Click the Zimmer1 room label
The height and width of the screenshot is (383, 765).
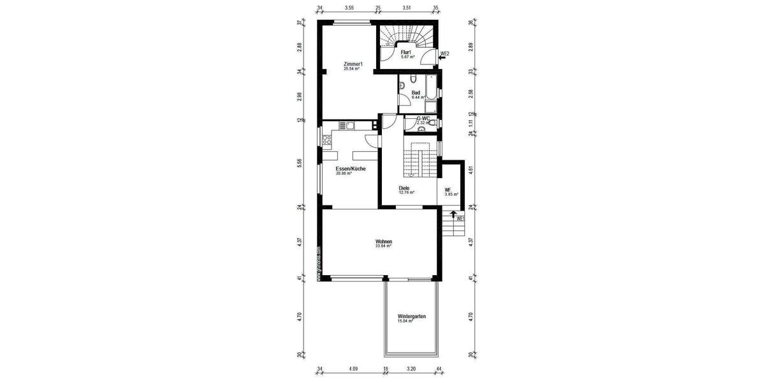(353, 64)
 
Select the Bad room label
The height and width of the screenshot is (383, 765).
(415, 93)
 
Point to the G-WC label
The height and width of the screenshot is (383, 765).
(422, 118)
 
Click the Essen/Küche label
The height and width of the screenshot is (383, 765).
(351, 169)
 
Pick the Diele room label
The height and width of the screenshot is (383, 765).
(404, 188)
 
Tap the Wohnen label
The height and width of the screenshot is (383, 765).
(383, 242)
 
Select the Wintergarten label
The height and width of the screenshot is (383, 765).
(411, 317)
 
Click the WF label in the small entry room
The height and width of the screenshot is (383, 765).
(448, 190)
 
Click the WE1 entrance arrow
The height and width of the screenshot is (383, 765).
(453, 216)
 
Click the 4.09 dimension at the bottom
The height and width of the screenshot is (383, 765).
(353, 368)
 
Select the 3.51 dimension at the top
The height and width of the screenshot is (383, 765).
(407, 8)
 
